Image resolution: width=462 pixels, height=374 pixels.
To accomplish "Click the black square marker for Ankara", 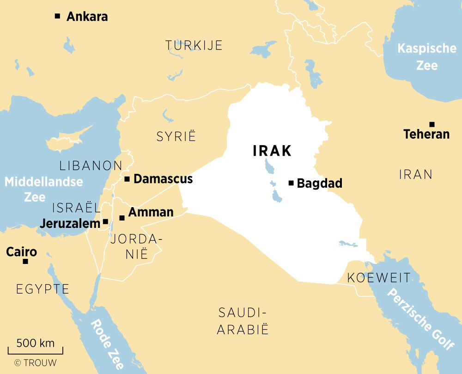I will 57,16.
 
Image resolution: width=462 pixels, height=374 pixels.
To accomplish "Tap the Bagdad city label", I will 319,184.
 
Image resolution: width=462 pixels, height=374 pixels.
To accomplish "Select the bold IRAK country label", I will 272,151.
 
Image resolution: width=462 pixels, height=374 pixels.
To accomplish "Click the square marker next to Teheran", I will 432,124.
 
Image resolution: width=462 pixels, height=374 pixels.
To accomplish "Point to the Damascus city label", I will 163,179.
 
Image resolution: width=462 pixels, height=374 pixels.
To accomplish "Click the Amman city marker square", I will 122,218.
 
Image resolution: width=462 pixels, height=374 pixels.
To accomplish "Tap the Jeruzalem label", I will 70,223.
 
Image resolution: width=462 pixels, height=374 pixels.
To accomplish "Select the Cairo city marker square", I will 25,262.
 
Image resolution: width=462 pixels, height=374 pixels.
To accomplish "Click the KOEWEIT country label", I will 378,278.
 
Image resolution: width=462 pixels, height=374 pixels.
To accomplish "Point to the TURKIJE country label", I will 194,45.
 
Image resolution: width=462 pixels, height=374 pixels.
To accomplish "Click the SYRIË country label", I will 176,136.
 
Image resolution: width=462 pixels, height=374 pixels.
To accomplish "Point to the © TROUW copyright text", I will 35,363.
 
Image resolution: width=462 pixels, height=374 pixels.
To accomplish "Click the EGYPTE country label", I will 43,290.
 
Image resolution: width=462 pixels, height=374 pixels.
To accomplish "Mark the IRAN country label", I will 415,174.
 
